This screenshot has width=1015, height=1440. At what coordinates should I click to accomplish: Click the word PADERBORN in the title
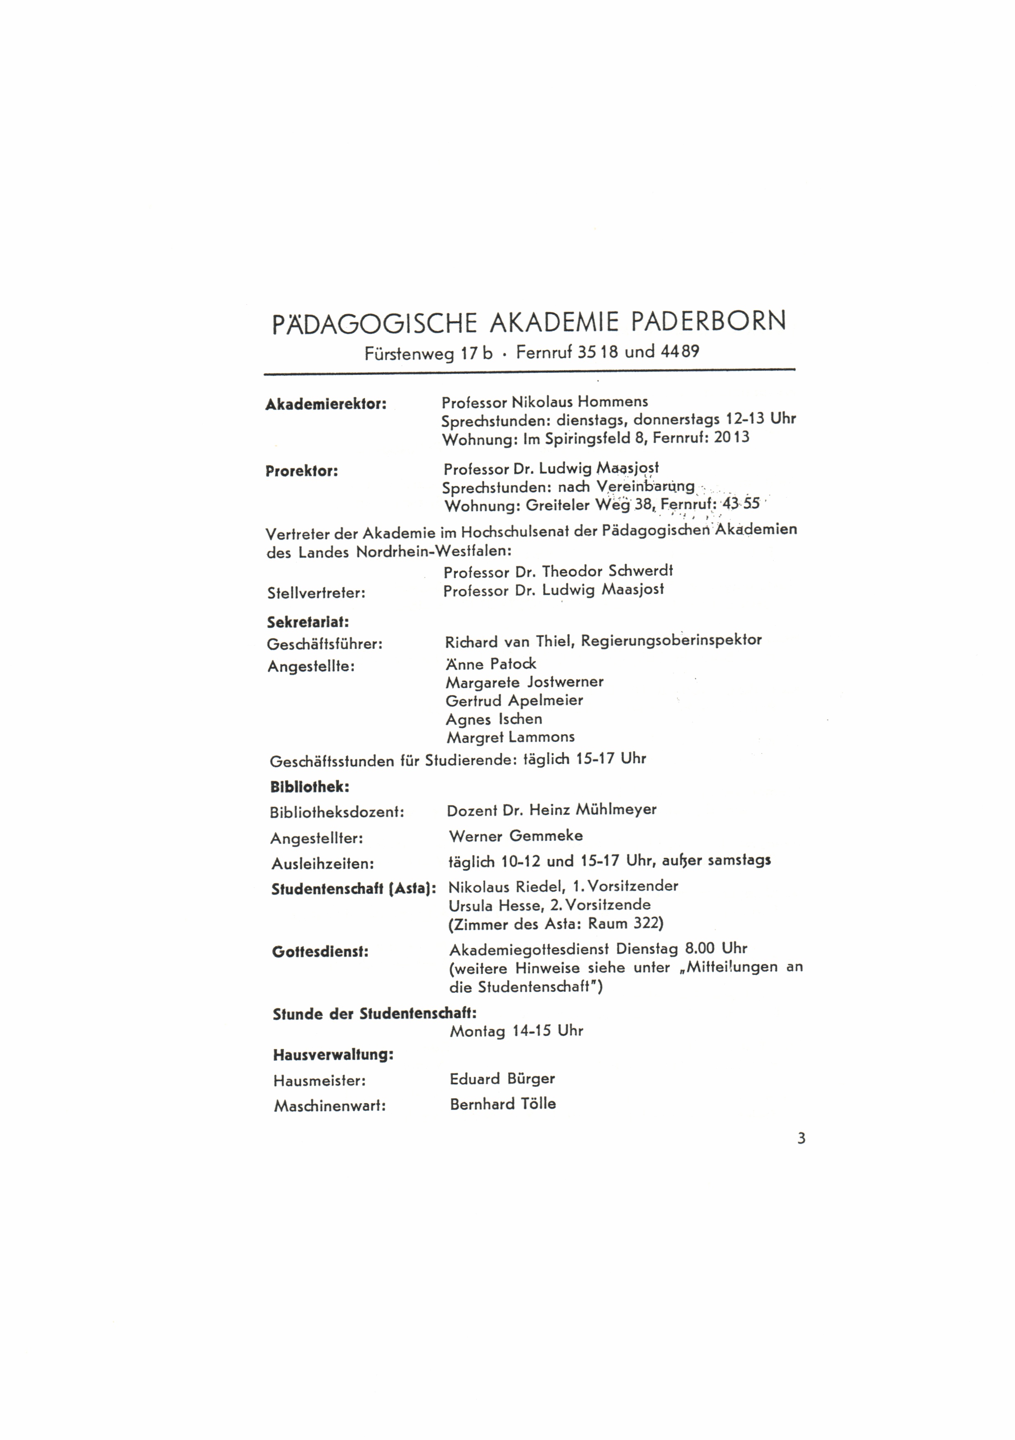coord(707,322)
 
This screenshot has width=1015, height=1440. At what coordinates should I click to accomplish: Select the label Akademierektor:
coord(326,404)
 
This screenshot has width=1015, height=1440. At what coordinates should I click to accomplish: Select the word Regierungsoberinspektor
coord(671,641)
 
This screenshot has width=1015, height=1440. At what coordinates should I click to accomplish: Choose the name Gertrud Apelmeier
coord(514,700)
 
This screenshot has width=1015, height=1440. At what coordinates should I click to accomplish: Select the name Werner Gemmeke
coord(516,836)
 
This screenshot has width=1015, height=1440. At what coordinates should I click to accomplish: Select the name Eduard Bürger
coord(502,1079)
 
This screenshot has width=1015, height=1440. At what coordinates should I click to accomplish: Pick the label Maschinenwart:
coord(329,1106)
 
